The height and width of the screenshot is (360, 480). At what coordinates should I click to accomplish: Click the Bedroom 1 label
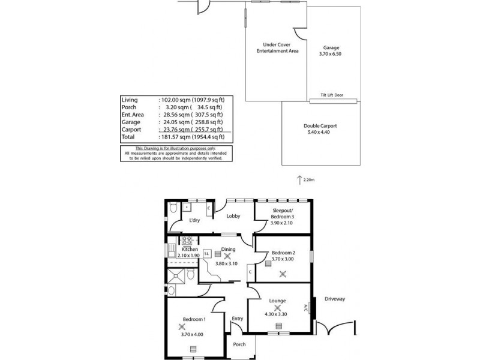pyautogui.click(x=195, y=320)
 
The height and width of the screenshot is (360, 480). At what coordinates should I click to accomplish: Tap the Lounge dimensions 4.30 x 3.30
pyautogui.click(x=277, y=314)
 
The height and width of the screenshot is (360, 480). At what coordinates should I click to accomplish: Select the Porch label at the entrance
pyautogui.click(x=240, y=344)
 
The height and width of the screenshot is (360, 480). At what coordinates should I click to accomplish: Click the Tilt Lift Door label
pyautogui.click(x=332, y=95)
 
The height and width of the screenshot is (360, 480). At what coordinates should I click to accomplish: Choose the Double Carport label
pyautogui.click(x=320, y=125)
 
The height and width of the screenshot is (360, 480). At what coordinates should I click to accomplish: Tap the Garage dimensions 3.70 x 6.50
pyautogui.click(x=332, y=54)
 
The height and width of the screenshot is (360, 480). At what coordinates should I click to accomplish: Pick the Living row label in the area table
pyautogui.click(x=130, y=100)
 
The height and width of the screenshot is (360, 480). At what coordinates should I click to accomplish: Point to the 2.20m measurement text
pyautogui.click(x=309, y=179)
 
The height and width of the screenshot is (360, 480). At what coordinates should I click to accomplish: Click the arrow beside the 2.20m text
pyautogui.click(x=299, y=179)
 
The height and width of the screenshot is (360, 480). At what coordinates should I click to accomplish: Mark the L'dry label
pyautogui.click(x=194, y=221)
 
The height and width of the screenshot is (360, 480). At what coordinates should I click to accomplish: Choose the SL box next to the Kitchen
pyautogui.click(x=206, y=254)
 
